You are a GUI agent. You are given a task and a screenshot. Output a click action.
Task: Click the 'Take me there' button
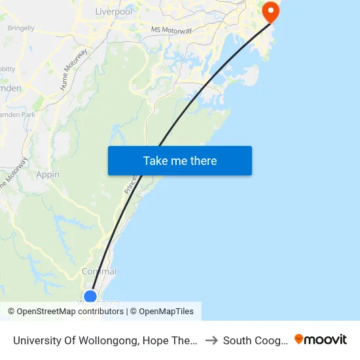point(180,160)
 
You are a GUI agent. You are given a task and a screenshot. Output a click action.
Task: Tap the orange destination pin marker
point(270,12)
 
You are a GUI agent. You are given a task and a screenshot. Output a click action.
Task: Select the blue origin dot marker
point(90,297)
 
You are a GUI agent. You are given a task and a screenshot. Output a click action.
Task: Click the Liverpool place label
point(113,11)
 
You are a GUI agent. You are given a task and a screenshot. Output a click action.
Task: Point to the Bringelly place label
point(21,28)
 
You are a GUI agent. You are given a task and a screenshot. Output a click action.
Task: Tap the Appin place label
point(48,175)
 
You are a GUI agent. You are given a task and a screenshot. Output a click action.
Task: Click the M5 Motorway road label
point(171,30)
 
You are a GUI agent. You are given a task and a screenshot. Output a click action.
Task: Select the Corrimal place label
point(99,272)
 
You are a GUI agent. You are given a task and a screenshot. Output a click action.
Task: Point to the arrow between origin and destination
point(211,340)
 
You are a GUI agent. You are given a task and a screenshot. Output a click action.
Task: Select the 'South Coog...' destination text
point(254,340)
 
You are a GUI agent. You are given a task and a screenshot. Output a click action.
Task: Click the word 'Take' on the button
point(155,160)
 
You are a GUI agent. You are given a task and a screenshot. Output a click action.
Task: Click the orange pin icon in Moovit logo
point(299,339)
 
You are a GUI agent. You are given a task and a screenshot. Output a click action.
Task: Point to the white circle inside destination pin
point(270,10)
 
